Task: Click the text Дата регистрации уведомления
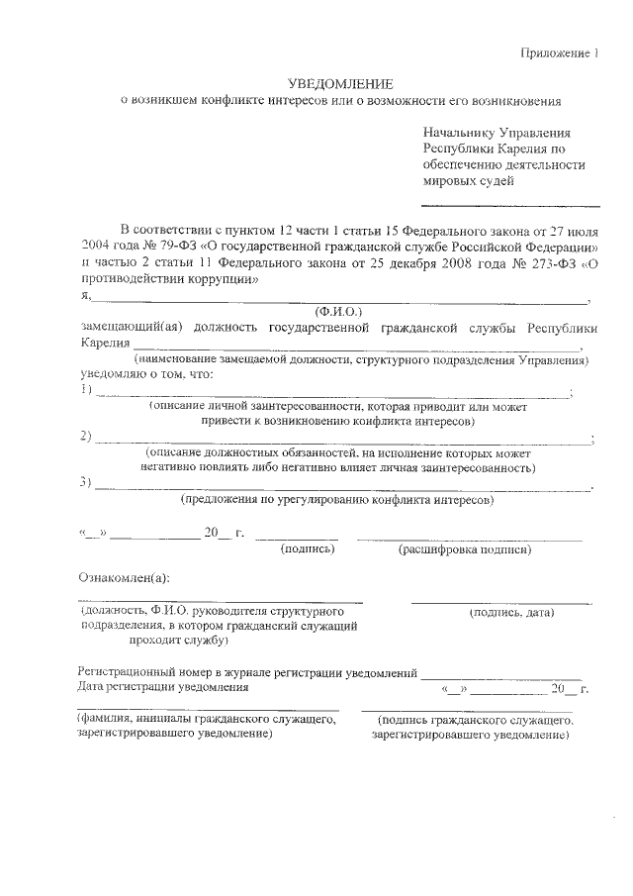click(163, 686)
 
